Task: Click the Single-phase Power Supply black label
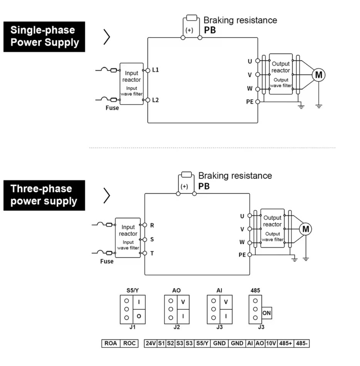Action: (x=44, y=36)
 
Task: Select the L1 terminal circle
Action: (x=148, y=70)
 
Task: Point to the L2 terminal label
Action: (x=156, y=100)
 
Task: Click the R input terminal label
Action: (x=152, y=225)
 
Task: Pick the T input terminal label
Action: (x=152, y=253)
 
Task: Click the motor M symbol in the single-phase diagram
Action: (x=319, y=75)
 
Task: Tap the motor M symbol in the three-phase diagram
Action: (x=306, y=229)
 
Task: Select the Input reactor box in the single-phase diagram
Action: (x=131, y=84)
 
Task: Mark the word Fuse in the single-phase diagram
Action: (x=112, y=108)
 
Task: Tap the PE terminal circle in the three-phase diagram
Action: (x=250, y=254)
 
